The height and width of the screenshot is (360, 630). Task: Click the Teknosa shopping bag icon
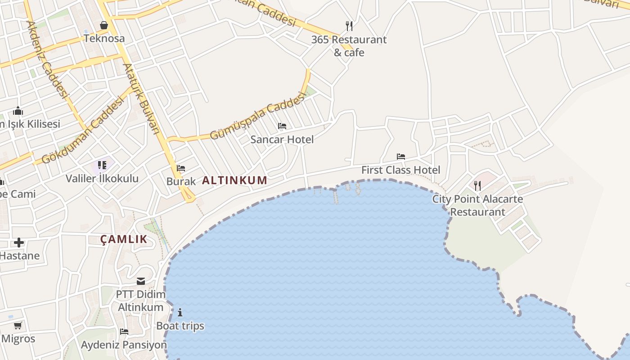[104, 25]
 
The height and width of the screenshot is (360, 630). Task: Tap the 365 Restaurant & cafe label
[349, 46]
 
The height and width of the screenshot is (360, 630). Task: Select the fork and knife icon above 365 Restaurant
[349, 26]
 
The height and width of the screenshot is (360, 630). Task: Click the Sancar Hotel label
[282, 139]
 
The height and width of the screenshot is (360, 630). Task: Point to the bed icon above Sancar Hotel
[282, 126]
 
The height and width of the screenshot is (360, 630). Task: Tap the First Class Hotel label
[401, 170]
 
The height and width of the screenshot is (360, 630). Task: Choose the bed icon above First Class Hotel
[401, 157]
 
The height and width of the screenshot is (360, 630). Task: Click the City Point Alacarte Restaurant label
[477, 205]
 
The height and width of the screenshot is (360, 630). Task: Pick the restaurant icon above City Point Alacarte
[477, 185]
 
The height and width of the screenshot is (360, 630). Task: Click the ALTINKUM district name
[234, 180]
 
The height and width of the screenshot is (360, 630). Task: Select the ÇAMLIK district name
[124, 239]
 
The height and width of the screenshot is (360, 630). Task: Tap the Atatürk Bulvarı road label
[141, 98]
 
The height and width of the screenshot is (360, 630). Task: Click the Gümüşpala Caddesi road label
[258, 117]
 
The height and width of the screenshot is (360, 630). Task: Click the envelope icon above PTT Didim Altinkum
[141, 281]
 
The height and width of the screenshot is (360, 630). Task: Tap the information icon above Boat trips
[180, 312]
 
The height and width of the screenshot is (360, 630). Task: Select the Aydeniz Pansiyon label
[124, 345]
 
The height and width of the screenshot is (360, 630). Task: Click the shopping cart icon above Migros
[18, 325]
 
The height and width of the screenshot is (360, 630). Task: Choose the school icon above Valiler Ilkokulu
[102, 165]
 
